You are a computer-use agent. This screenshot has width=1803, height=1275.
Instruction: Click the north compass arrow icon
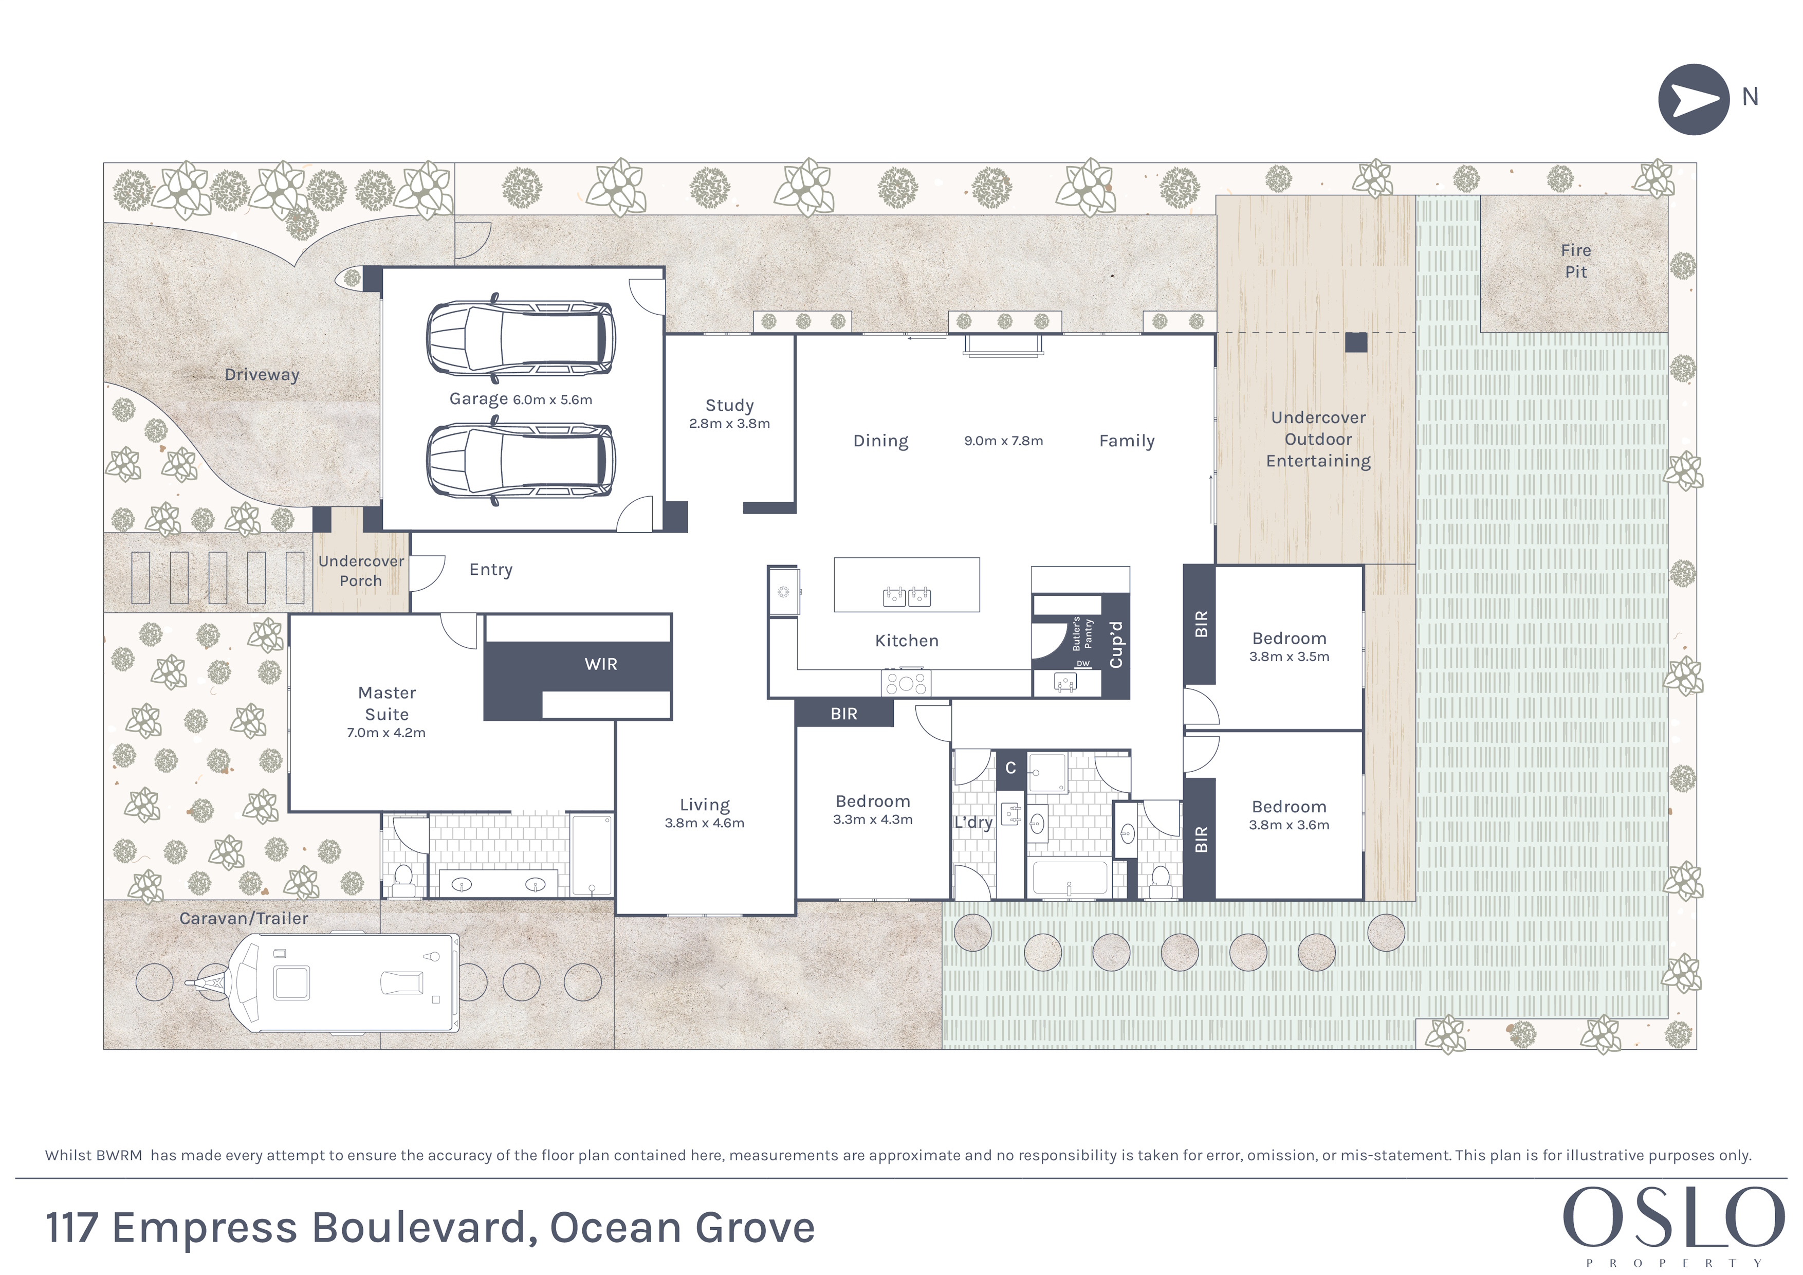tap(1694, 100)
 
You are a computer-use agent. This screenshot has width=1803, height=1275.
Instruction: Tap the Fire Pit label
tap(1575, 261)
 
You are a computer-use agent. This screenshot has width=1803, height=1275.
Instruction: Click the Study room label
tap(729, 405)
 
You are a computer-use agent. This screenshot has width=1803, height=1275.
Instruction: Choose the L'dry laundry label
tap(974, 823)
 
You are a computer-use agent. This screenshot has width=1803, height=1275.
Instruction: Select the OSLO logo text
tap(1673, 1217)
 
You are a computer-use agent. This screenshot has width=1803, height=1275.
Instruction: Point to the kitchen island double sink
tap(907, 596)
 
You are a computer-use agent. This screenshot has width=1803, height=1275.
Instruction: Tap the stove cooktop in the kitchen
tap(906, 683)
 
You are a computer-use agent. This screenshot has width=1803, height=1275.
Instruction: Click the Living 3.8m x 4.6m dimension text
tap(705, 823)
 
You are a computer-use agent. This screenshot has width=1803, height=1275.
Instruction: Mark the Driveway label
tap(262, 375)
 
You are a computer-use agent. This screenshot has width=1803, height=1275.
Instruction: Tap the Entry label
tap(491, 570)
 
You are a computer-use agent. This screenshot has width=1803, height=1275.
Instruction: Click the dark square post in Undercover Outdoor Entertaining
tap(1356, 342)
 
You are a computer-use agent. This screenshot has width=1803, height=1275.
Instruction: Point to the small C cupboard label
tap(1010, 768)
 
